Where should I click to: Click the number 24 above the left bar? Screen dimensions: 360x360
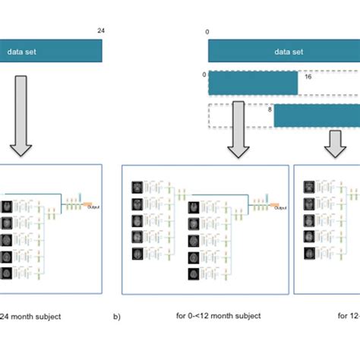click(102, 31)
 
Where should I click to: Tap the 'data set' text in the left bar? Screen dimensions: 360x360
click(22, 52)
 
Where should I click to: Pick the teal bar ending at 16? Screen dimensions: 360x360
click(253, 82)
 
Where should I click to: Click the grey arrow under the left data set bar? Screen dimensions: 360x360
click(23, 114)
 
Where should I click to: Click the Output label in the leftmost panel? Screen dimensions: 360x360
click(93, 207)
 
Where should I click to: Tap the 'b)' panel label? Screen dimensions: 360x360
click(116, 315)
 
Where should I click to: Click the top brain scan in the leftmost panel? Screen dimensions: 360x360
click(7, 207)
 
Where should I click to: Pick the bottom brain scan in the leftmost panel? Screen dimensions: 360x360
click(7, 274)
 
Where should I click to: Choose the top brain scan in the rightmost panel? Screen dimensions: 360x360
click(309, 186)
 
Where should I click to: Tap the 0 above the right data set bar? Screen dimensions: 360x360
click(207, 32)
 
